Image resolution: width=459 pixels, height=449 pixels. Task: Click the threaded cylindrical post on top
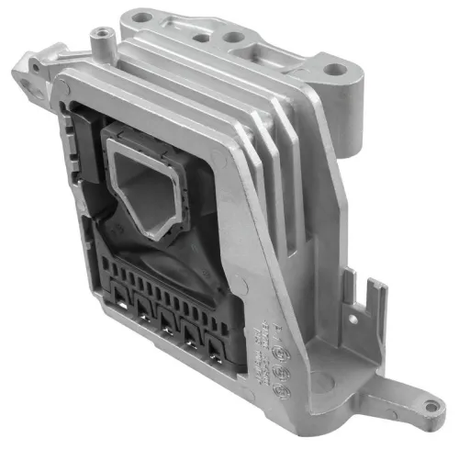point(100,38)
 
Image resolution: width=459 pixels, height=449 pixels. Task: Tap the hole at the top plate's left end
point(138,17)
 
